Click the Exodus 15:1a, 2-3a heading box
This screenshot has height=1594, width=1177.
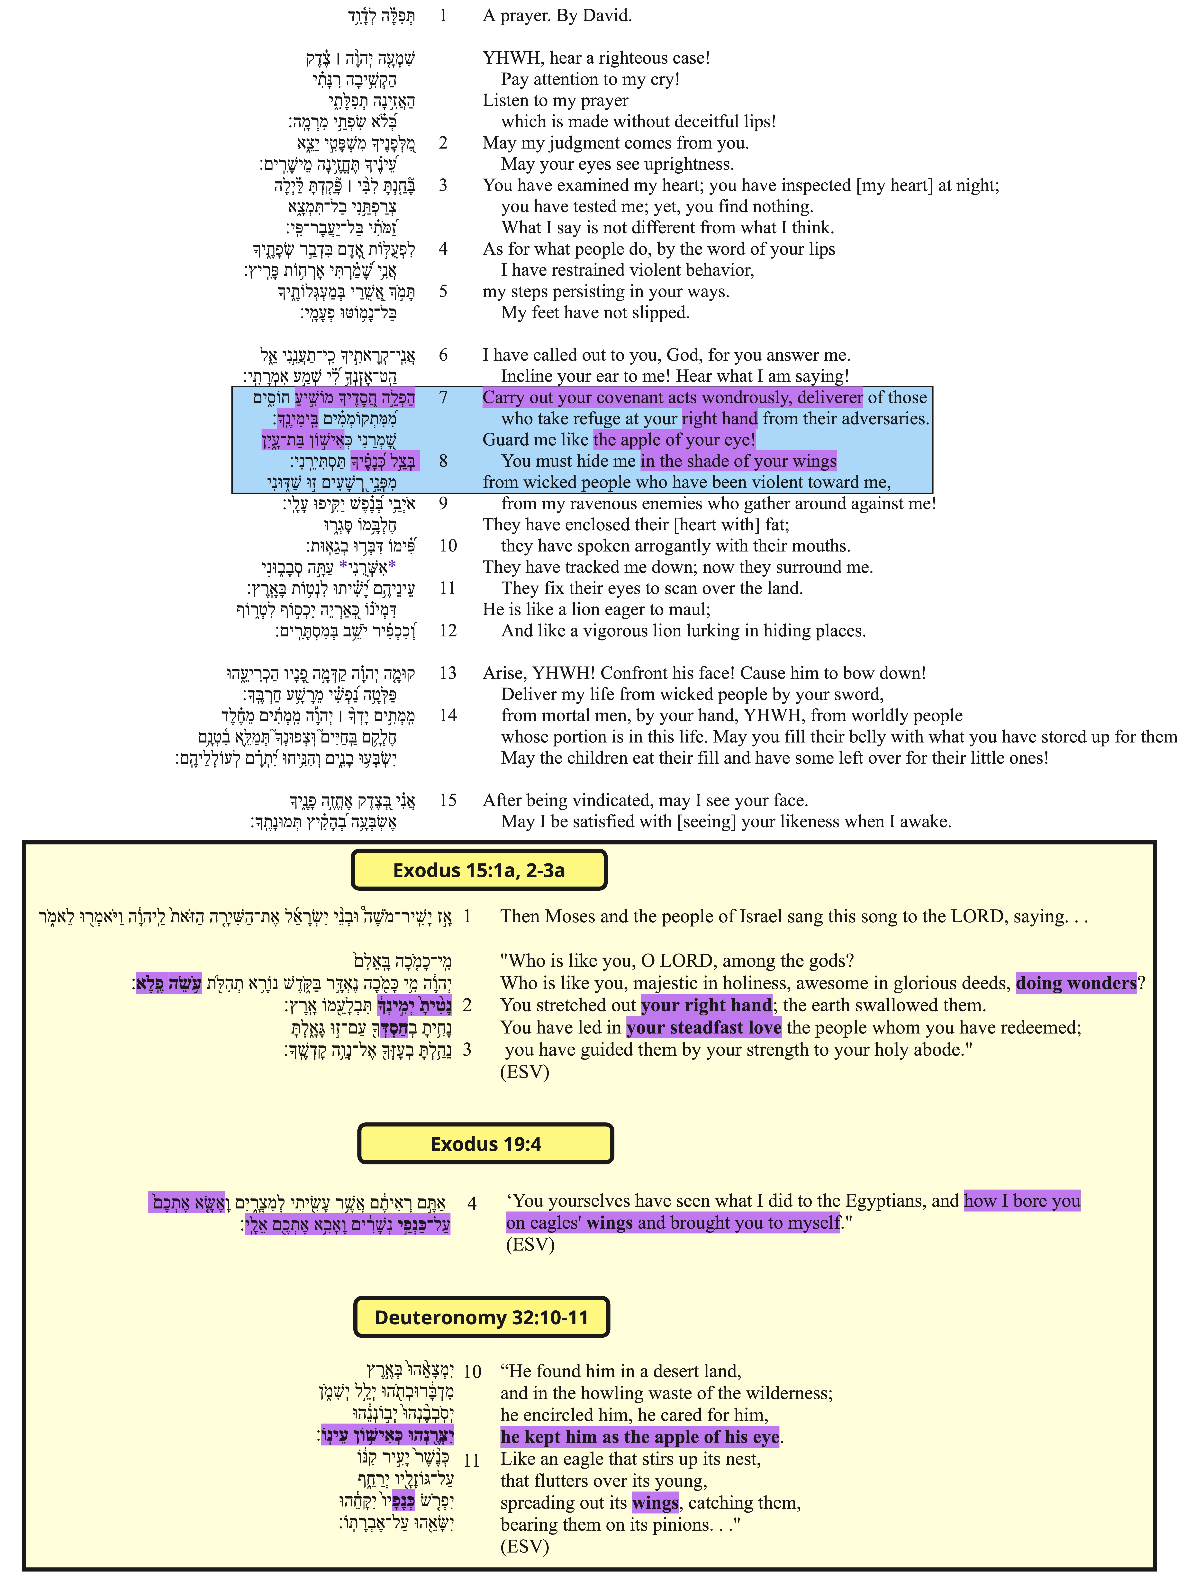click(479, 870)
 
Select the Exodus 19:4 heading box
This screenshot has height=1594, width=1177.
click(485, 1144)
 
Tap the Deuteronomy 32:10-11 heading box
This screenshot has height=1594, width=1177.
click(482, 1317)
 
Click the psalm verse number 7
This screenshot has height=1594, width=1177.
click(443, 397)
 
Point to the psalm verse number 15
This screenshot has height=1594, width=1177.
click(448, 800)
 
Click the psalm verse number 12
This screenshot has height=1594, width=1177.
click(448, 631)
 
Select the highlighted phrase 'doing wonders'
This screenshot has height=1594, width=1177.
click(1076, 983)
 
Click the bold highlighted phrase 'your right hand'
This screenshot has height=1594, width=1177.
click(706, 1006)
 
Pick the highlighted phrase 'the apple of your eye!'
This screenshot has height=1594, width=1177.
click(674, 440)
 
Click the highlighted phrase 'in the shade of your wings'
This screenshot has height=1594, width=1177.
click(738, 461)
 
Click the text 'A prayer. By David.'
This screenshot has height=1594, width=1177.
click(557, 16)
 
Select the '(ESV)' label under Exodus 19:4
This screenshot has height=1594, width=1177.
click(530, 1245)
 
